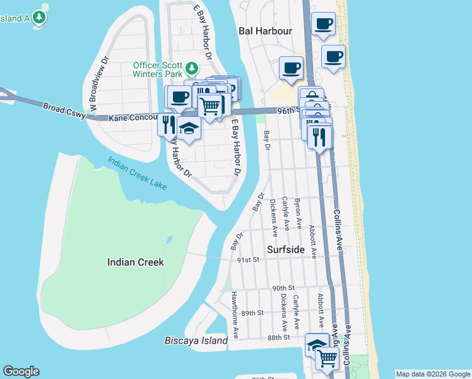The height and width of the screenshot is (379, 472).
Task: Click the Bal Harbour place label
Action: click(x=265, y=30)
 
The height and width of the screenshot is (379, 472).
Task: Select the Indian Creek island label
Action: click(x=136, y=262)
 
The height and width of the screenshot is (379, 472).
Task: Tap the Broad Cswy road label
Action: click(x=64, y=109)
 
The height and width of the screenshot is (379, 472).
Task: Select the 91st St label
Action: click(x=249, y=260)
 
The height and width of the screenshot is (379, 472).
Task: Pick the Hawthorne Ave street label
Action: click(x=234, y=313)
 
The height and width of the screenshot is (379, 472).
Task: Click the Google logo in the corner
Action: click(x=21, y=371)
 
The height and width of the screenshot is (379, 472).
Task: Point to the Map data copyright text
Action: click(x=433, y=374)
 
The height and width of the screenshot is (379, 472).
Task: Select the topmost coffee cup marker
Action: click(x=324, y=25)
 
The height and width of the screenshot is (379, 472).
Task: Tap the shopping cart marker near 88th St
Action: click(x=326, y=358)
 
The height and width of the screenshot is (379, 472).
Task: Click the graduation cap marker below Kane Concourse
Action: click(x=188, y=128)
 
